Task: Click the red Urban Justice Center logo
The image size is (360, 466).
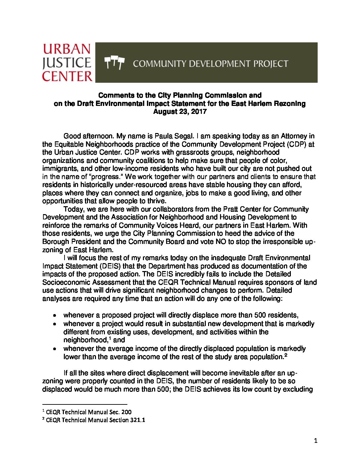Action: (x=67, y=62)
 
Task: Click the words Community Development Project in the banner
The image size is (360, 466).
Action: (x=210, y=64)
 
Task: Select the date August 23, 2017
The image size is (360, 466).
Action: (x=180, y=112)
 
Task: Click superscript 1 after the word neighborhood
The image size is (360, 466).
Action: (x=110, y=338)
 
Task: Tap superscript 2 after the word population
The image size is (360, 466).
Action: (x=285, y=355)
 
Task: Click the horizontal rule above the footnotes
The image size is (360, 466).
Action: (x=85, y=404)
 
